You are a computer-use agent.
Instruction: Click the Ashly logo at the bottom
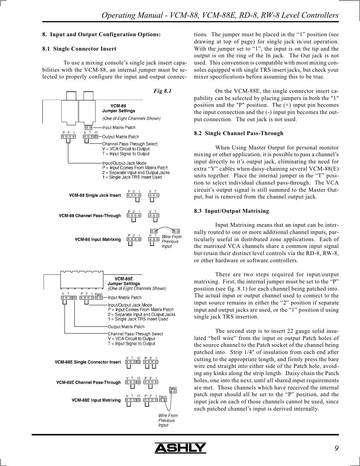point(180,448)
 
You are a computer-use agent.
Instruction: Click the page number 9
point(336,448)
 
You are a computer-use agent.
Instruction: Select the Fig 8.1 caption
point(162,91)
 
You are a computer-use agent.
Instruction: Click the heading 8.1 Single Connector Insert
point(79,49)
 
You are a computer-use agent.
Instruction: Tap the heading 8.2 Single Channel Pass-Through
point(238,133)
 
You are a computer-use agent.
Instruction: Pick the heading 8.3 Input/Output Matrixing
point(231,211)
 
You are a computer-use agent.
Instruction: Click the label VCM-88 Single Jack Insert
point(95,195)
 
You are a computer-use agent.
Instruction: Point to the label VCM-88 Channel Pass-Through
point(90,216)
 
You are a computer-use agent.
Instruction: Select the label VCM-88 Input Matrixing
point(98,240)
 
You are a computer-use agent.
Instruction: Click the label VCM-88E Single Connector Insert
point(88,362)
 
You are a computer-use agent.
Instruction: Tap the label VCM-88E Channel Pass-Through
point(88,383)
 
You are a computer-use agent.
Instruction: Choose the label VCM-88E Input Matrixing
point(96,400)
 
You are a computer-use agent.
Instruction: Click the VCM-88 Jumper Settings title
point(118,109)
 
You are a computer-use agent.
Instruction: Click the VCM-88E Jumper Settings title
point(124,281)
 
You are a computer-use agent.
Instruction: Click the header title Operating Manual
point(220,15)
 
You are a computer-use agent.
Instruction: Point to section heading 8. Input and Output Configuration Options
point(102,34)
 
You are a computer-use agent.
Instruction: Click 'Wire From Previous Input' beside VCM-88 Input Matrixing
point(171,241)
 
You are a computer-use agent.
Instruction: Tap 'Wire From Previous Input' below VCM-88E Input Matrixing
point(168,420)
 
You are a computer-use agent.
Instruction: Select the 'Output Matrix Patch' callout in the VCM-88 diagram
point(120,137)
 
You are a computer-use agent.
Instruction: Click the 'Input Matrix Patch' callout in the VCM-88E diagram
point(125,298)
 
